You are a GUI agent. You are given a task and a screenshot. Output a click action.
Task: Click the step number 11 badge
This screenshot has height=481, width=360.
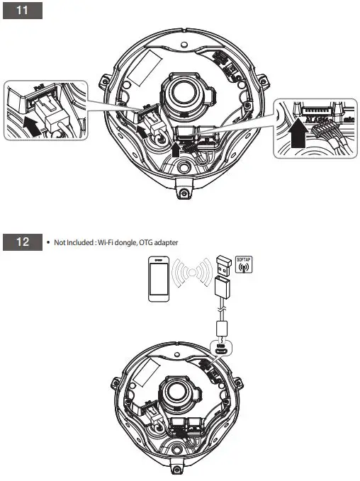pos(23,13)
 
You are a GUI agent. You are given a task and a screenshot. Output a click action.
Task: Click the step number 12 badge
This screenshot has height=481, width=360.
pos(23,242)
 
